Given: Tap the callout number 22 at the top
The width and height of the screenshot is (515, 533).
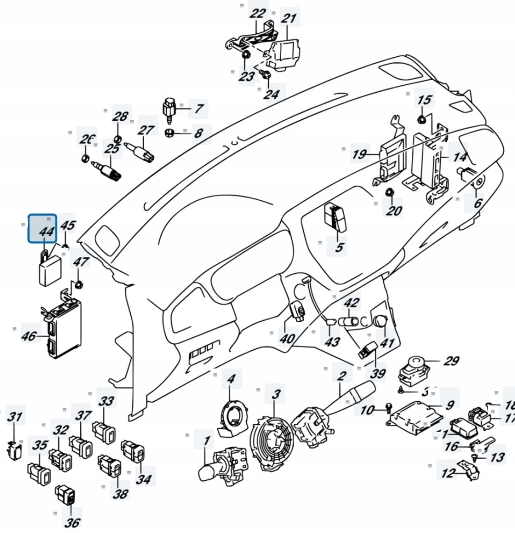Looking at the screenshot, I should point(257,14).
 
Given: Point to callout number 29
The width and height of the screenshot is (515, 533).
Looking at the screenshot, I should point(450,361).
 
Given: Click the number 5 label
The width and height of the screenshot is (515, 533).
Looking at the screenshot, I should point(340,247).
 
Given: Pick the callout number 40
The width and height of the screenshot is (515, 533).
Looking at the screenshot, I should point(286,338).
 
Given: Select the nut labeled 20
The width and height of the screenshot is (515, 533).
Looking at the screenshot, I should point(389,193).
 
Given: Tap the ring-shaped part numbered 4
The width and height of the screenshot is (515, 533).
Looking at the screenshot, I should point(231,415).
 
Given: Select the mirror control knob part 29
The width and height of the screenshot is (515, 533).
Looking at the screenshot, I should point(414,367).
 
